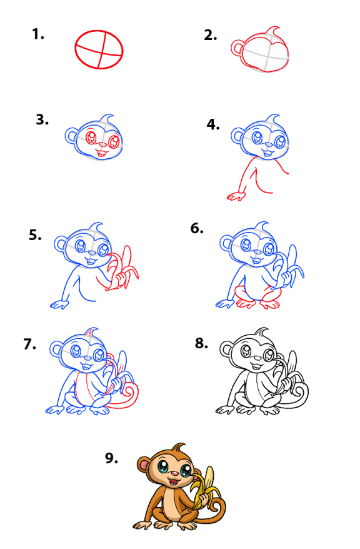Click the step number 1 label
point(37,34)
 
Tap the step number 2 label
point(210,36)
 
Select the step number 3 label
point(42,120)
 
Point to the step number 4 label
point(213,124)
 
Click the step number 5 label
point(35,235)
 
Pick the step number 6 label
point(197,228)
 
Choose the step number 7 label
point(30,344)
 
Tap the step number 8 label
point(201,343)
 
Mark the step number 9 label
point(112,458)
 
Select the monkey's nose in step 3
point(102,144)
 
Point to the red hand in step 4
point(236,197)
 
